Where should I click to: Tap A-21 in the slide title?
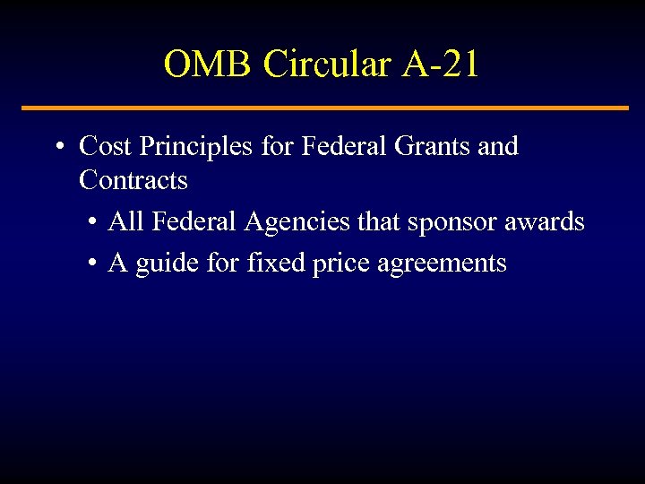(x=441, y=64)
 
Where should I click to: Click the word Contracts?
(x=133, y=180)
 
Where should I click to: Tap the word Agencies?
(x=295, y=222)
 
